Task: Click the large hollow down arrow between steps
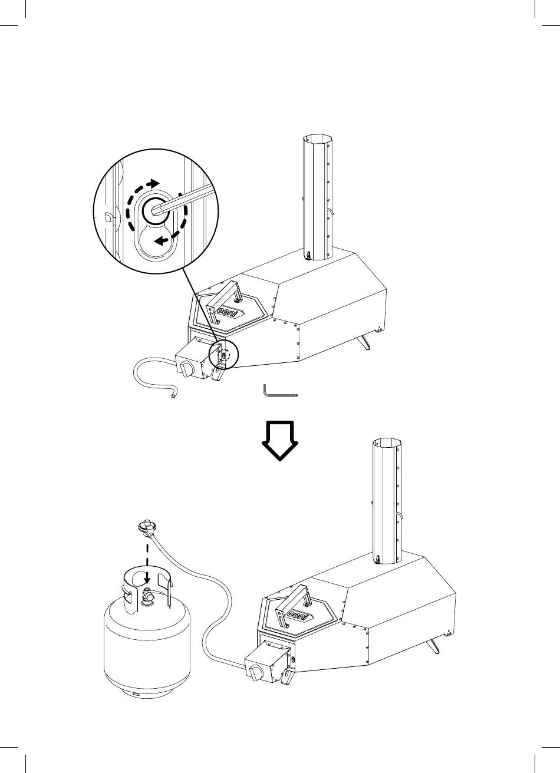coord(279,441)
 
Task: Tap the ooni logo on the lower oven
coord(299,616)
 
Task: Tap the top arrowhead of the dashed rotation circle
coord(154,183)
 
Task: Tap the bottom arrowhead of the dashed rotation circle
coord(160,240)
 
